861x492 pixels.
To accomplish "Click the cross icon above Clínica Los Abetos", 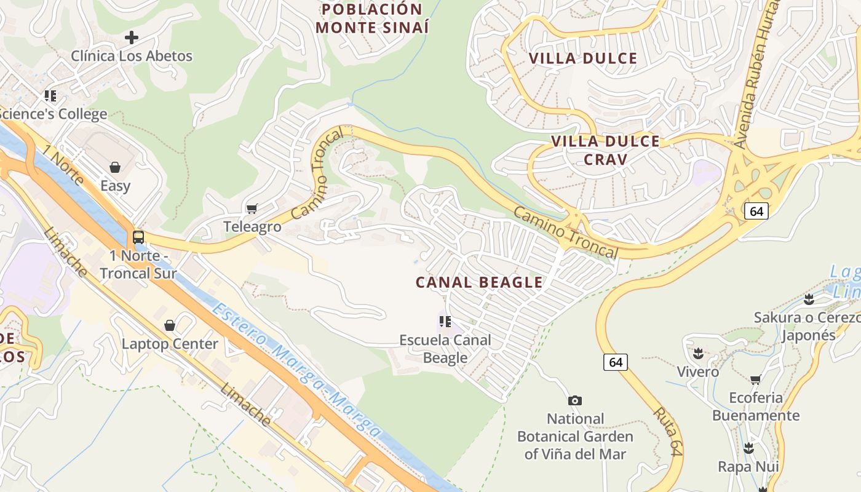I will click(131, 38).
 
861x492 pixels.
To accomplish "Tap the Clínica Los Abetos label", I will click(132, 56).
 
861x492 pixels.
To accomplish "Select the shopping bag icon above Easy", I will click(115, 167).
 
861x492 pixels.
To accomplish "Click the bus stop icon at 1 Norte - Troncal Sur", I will click(138, 237).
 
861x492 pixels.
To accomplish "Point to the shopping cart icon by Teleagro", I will click(252, 209).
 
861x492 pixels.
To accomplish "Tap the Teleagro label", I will click(252, 227).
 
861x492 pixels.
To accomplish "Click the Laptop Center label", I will click(170, 344).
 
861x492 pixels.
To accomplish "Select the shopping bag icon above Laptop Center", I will click(170, 325).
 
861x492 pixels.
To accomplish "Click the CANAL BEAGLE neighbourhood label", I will click(479, 283).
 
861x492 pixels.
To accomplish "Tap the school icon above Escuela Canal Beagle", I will click(445, 321).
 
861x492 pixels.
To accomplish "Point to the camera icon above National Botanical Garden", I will click(574, 400).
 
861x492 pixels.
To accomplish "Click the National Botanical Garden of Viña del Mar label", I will click(575, 437).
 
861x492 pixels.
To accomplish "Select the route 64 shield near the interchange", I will click(756, 211).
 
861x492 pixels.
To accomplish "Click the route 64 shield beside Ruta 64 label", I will click(616, 362).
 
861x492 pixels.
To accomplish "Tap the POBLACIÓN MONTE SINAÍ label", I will click(372, 18).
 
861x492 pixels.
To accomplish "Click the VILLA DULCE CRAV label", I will click(606, 150).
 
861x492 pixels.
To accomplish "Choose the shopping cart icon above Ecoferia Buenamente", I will click(755, 379).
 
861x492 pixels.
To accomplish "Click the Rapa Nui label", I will click(748, 467).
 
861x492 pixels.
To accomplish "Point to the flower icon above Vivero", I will click(698, 354).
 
